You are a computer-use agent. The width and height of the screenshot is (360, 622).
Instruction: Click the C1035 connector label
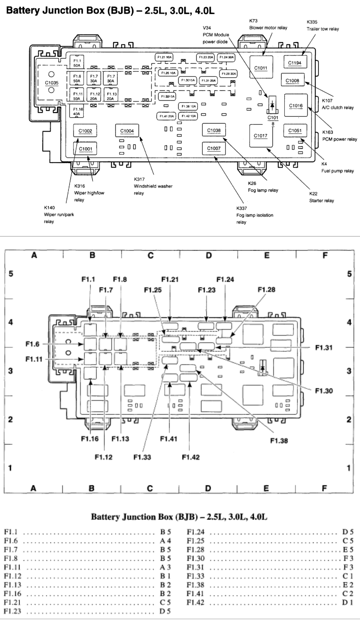52,83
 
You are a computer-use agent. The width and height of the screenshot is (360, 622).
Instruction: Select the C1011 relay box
261,67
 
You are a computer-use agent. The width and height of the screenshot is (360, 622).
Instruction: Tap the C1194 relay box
294,63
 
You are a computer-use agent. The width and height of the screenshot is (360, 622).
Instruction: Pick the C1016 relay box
296,105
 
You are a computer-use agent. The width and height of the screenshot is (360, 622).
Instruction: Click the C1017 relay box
261,136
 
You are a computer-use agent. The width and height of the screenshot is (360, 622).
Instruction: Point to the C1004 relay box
127,131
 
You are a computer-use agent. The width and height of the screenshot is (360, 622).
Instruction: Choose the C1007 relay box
213,148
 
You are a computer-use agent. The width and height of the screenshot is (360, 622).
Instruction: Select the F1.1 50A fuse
77,63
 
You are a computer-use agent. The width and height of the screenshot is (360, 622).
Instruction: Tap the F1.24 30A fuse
227,57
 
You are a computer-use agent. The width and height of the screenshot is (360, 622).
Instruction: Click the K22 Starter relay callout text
321,197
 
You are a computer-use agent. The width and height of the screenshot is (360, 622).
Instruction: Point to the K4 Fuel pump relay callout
337,167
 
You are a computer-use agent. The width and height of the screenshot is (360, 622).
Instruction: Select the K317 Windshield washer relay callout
153,186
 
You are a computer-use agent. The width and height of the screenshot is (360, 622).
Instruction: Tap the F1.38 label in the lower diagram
279,441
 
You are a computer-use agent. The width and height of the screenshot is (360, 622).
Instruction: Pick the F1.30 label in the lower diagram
324,391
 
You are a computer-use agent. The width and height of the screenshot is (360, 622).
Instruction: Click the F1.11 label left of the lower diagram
34,359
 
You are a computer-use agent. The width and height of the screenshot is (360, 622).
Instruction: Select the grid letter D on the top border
209,255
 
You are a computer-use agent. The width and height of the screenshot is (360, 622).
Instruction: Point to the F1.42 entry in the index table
195,602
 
